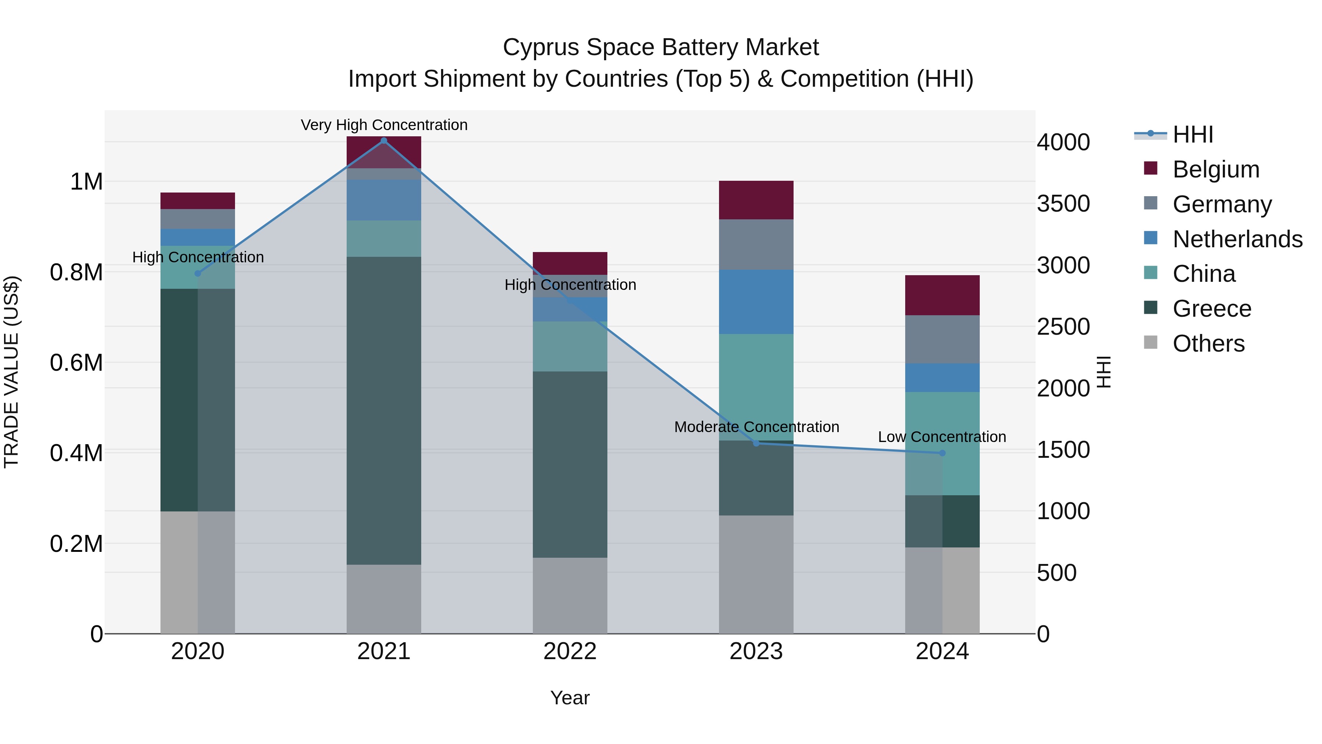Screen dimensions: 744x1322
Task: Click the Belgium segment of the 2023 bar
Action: pos(756,200)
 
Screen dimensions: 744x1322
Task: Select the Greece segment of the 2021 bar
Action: pos(383,410)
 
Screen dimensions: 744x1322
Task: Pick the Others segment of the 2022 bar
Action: pos(570,595)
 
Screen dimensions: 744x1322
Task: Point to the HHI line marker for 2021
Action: pos(383,141)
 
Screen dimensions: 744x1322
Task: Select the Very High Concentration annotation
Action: pos(384,125)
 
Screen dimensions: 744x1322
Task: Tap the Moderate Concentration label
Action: pos(756,427)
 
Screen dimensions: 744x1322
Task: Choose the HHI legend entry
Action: pos(1193,134)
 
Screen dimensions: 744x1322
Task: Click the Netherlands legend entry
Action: pos(1237,239)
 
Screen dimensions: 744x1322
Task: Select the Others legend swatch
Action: pos(1151,342)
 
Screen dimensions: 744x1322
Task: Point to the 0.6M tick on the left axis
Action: pos(76,363)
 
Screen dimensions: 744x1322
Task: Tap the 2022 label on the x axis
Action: pos(570,651)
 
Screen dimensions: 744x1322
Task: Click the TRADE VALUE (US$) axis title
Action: pos(11,372)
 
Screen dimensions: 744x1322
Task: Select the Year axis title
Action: pos(570,698)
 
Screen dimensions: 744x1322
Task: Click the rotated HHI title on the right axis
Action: pos(1104,372)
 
